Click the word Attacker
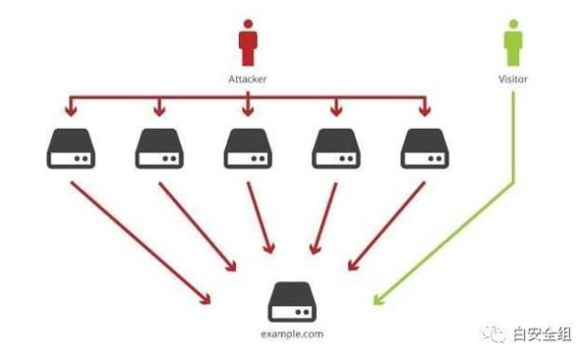click(x=247, y=79)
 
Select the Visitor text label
click(x=513, y=79)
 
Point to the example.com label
click(x=292, y=333)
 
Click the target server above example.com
click(x=292, y=302)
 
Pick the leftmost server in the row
click(x=71, y=149)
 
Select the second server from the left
click(x=159, y=149)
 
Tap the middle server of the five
click(x=248, y=149)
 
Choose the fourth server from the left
click(x=336, y=149)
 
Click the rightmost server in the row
click(x=425, y=149)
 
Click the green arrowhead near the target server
click(x=378, y=299)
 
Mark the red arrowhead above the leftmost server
click(x=71, y=111)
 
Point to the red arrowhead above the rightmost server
click(x=425, y=111)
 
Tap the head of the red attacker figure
click(x=248, y=24)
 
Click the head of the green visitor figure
click(x=513, y=24)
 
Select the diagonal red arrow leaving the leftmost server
click(x=140, y=243)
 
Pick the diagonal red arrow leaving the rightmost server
click(x=387, y=226)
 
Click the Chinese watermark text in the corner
click(x=542, y=333)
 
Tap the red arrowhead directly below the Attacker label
click(x=248, y=111)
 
